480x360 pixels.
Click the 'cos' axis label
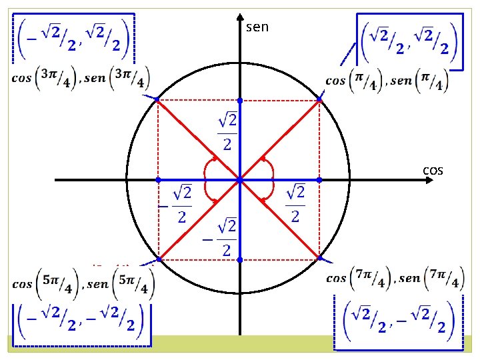[x=433, y=171]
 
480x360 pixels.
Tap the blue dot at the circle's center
[x=239, y=180]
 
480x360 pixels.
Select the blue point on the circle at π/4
[x=319, y=99]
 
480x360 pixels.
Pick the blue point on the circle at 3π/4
[x=157, y=99]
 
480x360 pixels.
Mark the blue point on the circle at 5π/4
[x=158, y=259]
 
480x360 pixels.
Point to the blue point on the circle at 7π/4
[x=319, y=258]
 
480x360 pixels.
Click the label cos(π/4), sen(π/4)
[x=387, y=81]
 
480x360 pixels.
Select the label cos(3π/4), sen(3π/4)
[x=81, y=77]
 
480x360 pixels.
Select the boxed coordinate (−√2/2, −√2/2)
[x=81, y=321]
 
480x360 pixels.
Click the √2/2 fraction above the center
[x=227, y=131]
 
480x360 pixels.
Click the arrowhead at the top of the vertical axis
[x=239, y=16]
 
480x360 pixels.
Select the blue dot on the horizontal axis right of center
[x=319, y=180]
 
